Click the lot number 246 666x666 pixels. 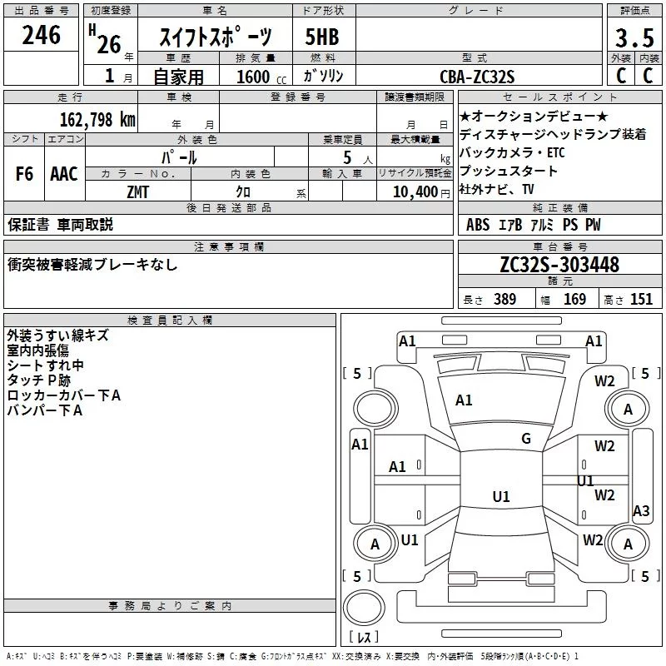[42, 35]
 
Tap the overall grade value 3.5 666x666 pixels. [634, 39]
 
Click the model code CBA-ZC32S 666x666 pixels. [478, 77]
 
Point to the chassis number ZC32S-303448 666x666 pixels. [559, 266]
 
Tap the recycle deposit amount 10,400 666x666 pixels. [413, 191]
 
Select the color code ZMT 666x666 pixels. [138, 191]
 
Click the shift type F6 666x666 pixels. [25, 174]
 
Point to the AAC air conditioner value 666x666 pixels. [64, 174]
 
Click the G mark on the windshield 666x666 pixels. [526, 439]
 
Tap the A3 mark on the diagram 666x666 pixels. [641, 511]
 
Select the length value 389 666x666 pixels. [504, 300]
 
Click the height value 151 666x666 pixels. [641, 300]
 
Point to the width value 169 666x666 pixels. [574, 300]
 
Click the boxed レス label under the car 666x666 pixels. [364, 639]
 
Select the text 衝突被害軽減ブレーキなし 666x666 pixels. [92, 265]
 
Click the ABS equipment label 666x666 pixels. [478, 225]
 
